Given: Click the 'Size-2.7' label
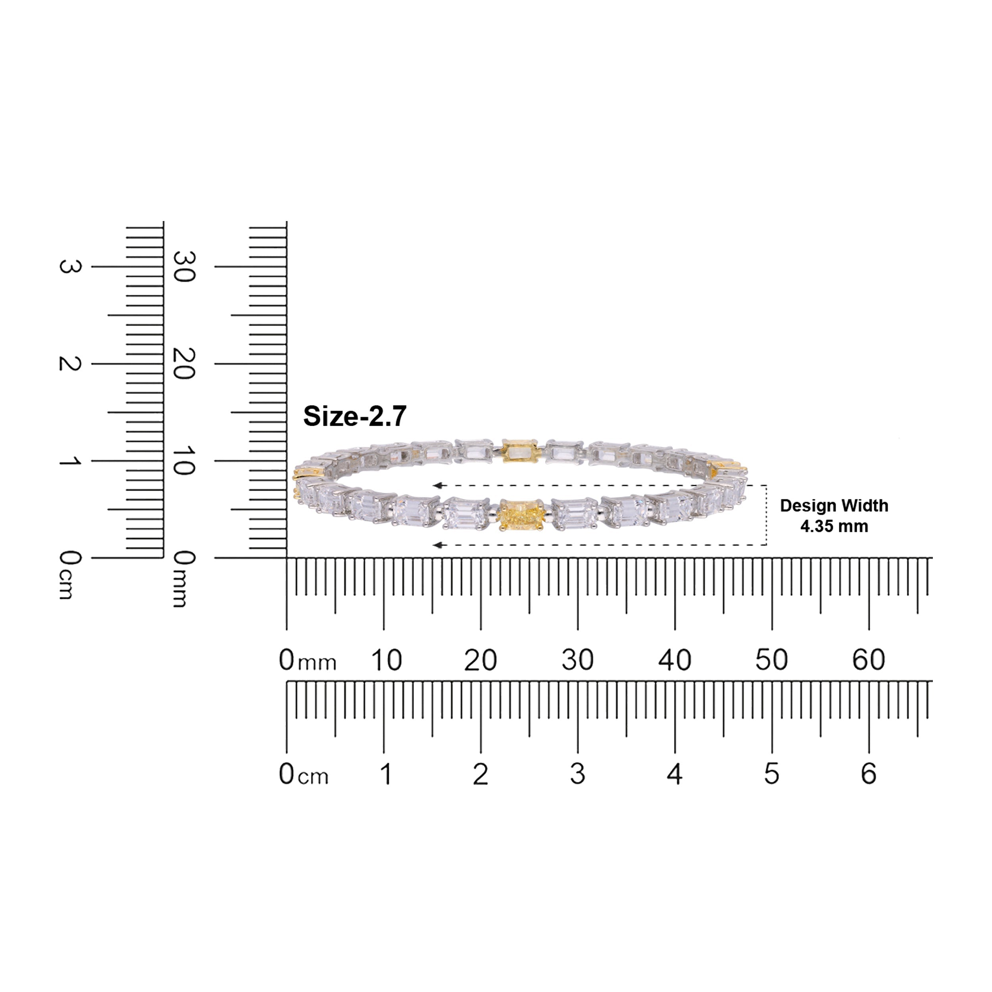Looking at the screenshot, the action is pos(355,416).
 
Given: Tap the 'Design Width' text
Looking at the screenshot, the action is pos(834,506).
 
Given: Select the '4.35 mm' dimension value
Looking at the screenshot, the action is pos(834,526).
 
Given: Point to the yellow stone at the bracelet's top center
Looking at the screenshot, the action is pos(521,450).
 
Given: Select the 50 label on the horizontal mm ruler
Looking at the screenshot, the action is pos(771,660).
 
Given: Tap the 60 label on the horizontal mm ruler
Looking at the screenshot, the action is pos(868,660).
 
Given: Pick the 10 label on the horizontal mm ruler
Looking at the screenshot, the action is pos(386,660).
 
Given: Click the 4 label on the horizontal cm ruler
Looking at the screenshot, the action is pos(674,774).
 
